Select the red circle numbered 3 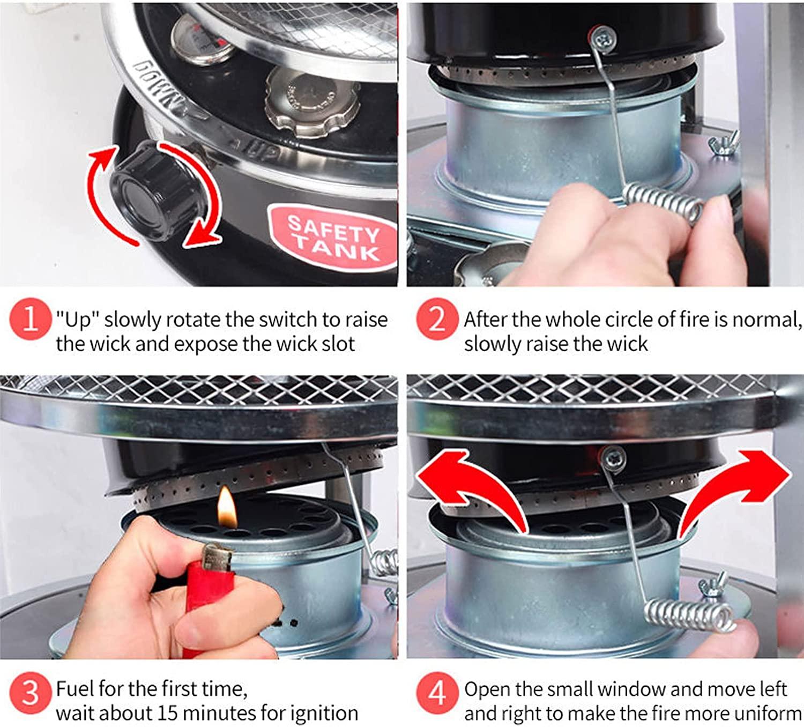pyautogui.click(x=31, y=693)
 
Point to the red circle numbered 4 pyautogui.click(x=437, y=693)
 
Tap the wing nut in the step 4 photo pyautogui.click(x=713, y=586)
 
